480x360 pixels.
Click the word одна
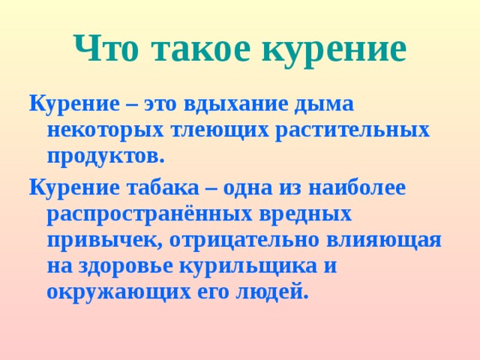(x=259, y=187)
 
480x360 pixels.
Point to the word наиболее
(x=363, y=187)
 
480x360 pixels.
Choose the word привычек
(x=105, y=241)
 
